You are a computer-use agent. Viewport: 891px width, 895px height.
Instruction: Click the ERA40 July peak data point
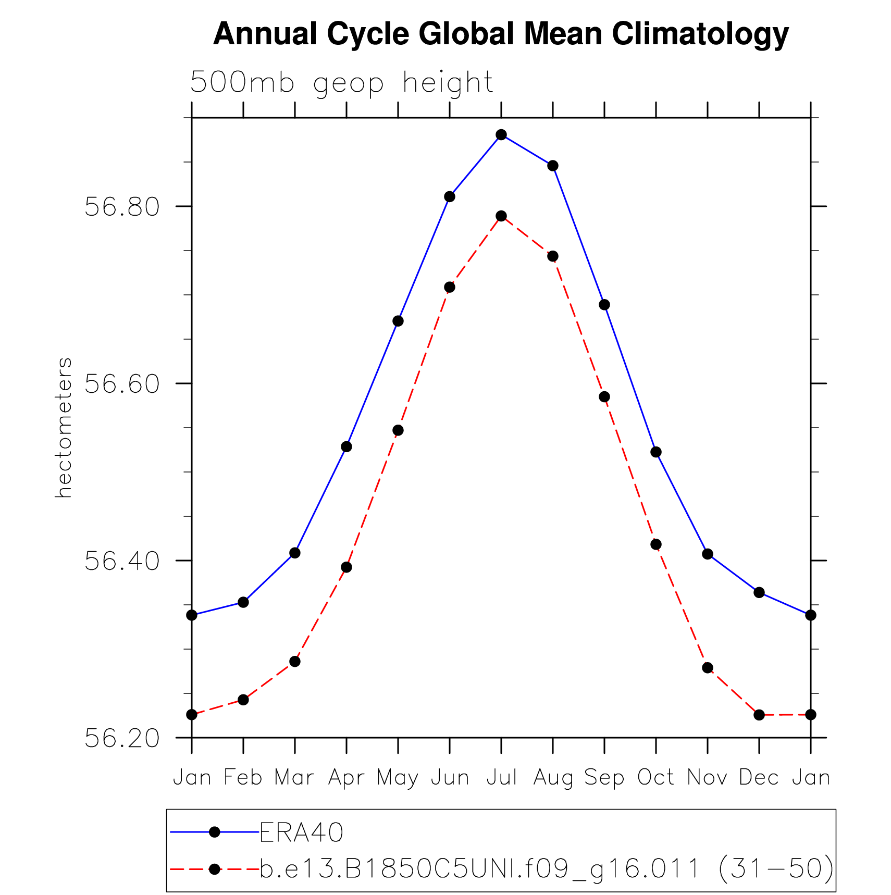[x=501, y=135]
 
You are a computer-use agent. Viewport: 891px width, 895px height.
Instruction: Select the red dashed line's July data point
[x=501, y=216]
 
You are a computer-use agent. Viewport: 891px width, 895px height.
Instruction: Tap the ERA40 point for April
[x=346, y=447]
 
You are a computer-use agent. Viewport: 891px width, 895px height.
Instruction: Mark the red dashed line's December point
[x=759, y=715]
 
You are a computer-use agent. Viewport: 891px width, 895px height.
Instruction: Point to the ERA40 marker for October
[x=656, y=452]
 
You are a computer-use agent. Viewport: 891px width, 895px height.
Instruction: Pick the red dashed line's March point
[x=295, y=662]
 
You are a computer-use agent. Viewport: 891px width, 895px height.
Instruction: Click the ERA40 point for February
[x=243, y=602]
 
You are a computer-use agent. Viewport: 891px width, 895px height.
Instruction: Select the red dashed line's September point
[x=604, y=397]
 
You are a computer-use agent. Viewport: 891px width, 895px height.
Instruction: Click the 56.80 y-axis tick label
[x=122, y=207]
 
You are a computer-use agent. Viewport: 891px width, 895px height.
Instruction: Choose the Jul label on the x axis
[x=501, y=778]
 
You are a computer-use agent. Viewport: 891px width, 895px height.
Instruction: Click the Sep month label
[x=604, y=778]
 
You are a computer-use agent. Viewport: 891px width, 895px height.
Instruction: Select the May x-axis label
[x=398, y=778]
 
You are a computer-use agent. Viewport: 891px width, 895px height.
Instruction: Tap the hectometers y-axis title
[x=64, y=428]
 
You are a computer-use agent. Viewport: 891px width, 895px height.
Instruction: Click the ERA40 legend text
[x=302, y=832]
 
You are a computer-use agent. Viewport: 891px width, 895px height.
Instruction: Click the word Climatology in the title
[x=700, y=34]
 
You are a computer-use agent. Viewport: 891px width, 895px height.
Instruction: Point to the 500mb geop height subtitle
[x=342, y=83]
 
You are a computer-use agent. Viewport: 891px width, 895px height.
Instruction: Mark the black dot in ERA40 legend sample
[x=214, y=832]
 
